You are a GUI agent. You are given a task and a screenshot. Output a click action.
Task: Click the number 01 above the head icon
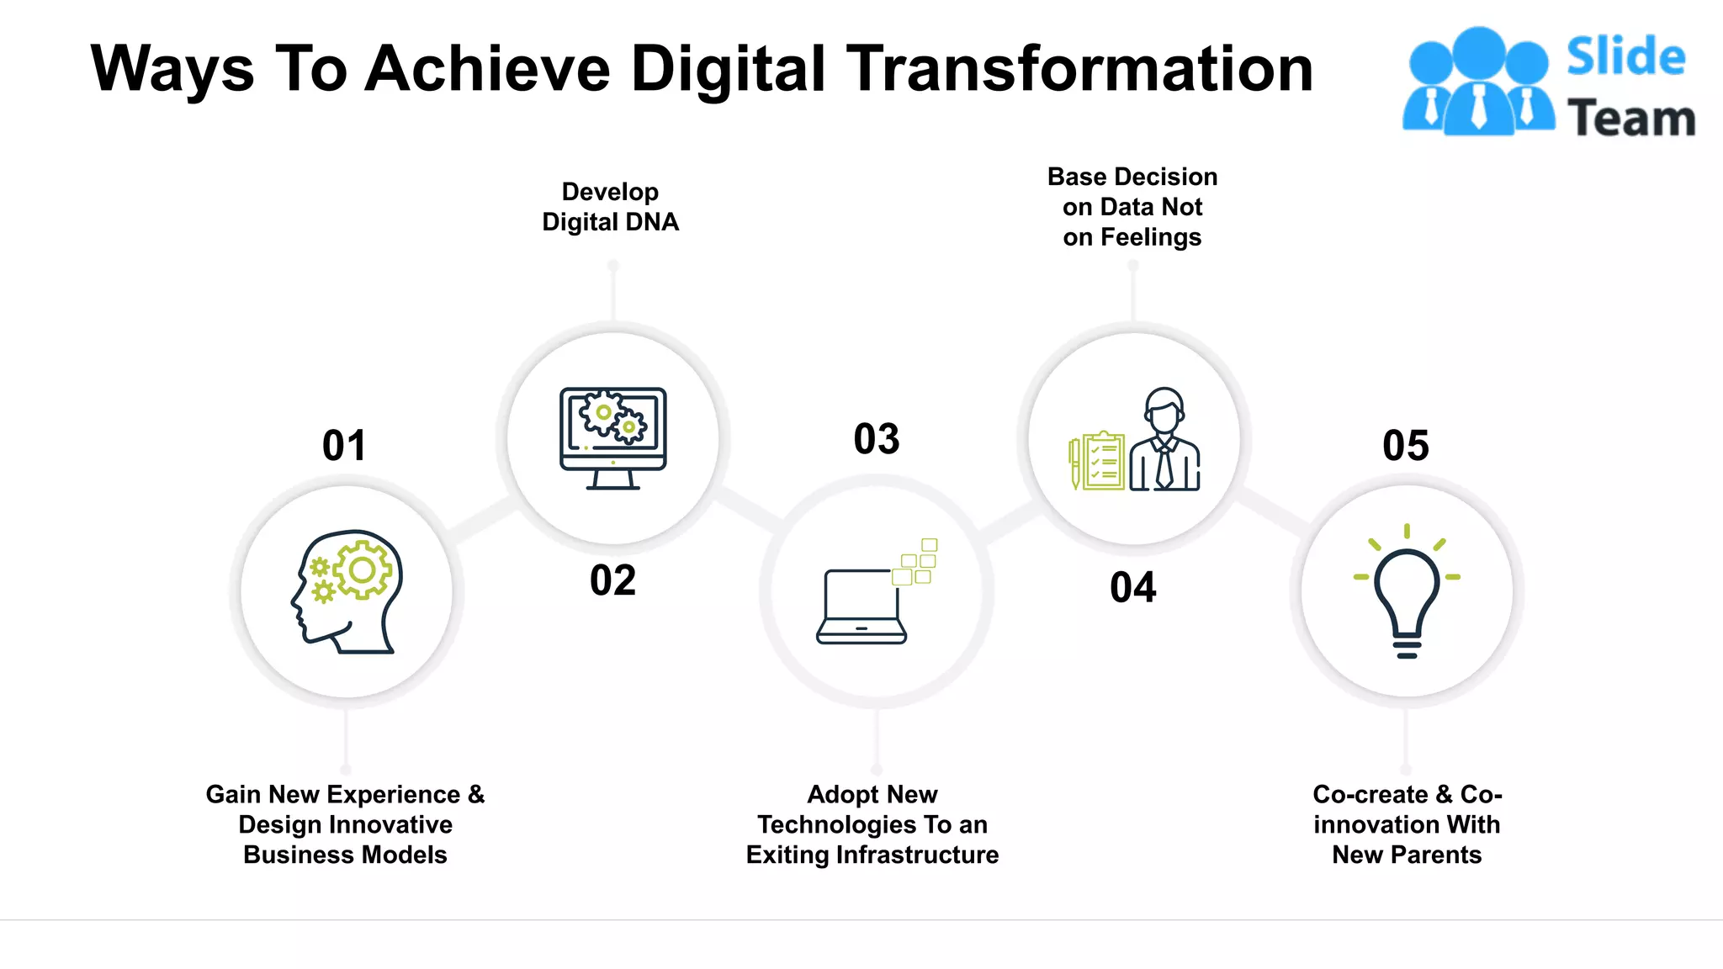pos(344,445)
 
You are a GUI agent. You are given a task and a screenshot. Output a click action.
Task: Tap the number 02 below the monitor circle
pos(612,580)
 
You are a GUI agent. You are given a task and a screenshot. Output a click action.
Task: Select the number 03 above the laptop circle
pos(877,439)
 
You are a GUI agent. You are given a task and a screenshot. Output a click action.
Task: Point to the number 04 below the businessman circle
pos(1132,587)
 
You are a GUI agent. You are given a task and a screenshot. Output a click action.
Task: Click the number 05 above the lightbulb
pos(1405,445)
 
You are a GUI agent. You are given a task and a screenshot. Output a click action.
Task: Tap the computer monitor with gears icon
pos(612,438)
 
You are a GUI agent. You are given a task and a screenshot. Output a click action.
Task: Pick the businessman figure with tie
pos(1165,442)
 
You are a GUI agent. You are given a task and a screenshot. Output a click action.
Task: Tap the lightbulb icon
pos(1406,597)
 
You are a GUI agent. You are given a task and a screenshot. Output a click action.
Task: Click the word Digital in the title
pos(728,69)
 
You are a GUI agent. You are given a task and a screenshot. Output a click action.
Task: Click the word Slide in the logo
pos(1625,57)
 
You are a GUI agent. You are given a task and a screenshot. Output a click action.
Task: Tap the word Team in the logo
pos(1630,118)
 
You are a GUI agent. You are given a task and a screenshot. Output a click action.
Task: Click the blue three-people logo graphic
pos(1478,82)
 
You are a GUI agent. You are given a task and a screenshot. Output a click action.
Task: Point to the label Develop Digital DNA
pos(610,207)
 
